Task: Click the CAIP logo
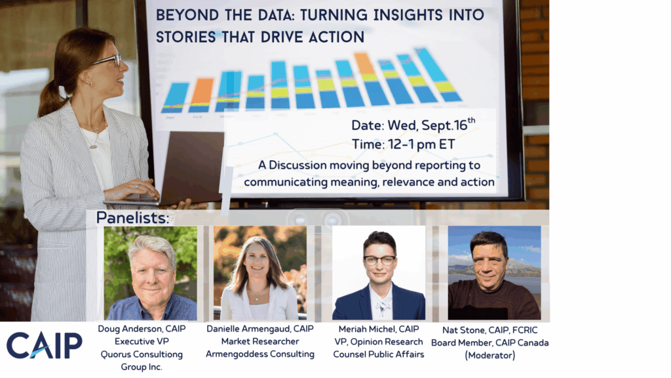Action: point(44,345)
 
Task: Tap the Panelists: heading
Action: point(132,218)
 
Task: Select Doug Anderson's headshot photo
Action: point(151,273)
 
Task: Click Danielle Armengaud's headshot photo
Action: point(260,273)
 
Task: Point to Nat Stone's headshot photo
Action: point(494,273)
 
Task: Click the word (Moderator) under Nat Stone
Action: point(490,355)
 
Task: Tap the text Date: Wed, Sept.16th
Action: point(413,124)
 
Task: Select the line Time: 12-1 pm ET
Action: point(403,144)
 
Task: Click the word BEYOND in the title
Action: point(182,15)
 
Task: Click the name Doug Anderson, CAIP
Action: point(142,329)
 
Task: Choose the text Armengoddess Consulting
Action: point(260,354)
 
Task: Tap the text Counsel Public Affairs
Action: point(379,354)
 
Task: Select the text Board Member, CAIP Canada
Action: point(490,343)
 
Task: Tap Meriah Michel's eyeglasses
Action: point(379,260)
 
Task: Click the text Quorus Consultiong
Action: point(142,354)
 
